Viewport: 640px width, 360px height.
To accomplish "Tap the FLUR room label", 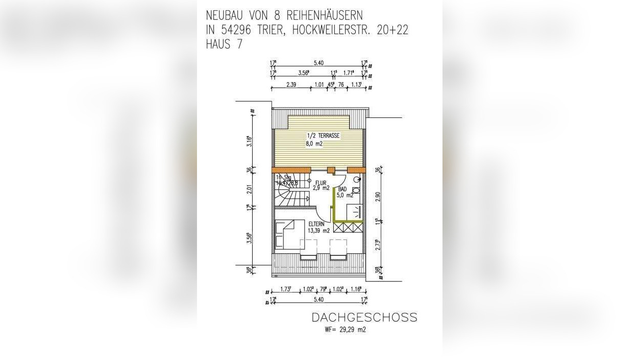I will point(321,182).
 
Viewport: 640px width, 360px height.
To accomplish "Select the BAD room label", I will point(342,189).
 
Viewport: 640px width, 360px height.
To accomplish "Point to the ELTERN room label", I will point(315,223).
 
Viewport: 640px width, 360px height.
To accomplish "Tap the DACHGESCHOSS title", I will point(364,318).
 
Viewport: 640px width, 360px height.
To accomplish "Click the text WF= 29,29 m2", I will point(345,330).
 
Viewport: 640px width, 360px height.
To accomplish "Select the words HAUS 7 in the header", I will point(224,44).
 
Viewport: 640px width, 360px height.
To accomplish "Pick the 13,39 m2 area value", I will point(318,230).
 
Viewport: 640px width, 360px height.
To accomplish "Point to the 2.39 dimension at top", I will point(291,85).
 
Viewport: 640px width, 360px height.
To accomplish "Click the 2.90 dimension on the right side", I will point(377,198).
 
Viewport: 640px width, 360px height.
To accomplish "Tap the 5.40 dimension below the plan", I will point(318,300).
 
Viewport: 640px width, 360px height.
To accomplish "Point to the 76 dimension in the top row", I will point(341,85).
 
